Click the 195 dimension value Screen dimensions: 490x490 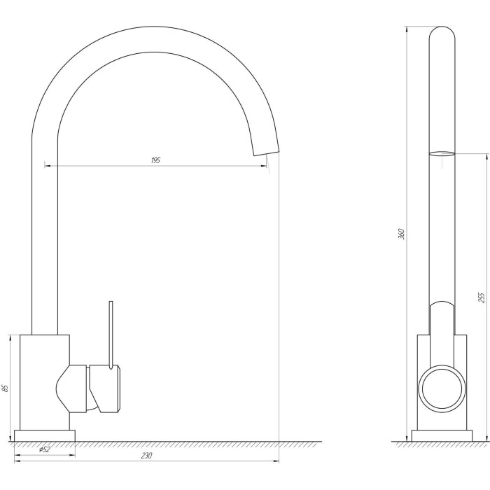tap(155, 160)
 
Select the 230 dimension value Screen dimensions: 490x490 tap(146, 456)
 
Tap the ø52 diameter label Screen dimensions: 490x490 tap(44, 449)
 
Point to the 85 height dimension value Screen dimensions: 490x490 tap(5, 388)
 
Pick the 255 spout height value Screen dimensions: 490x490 tap(482, 297)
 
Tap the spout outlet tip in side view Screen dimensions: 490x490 tap(265, 153)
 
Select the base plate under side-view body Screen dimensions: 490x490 tap(45, 435)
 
